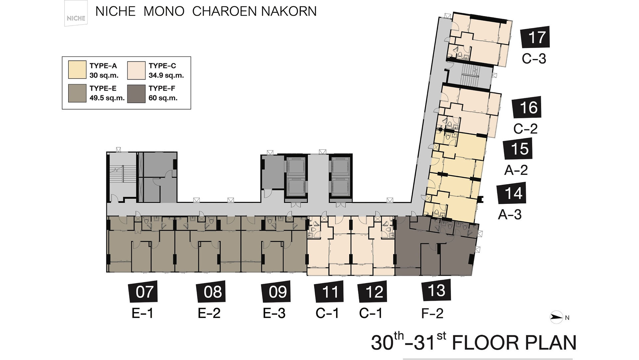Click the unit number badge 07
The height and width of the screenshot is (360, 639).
[x=143, y=291]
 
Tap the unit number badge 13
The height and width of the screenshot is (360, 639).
[x=436, y=290]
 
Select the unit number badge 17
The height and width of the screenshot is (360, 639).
[x=535, y=37]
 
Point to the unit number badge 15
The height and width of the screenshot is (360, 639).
[x=518, y=149]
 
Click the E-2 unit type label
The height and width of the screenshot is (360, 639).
[x=209, y=313]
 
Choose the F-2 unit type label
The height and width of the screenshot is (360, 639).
[x=432, y=313]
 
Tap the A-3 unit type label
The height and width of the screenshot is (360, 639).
[x=510, y=214]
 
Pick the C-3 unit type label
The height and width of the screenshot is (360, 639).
[x=534, y=59]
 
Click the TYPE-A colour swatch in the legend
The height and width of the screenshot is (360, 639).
[x=77, y=70]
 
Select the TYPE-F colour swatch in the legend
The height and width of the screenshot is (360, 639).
[x=136, y=94]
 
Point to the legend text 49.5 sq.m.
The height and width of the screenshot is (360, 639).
[x=107, y=98]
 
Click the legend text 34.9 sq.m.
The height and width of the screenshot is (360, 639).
[x=166, y=76]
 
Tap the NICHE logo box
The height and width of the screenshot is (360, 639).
[x=76, y=13]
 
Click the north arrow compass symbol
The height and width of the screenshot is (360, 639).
[x=556, y=317]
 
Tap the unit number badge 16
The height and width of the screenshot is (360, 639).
[x=527, y=107]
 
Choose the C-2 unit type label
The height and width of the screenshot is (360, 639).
[x=525, y=129]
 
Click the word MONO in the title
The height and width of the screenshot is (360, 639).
[x=164, y=11]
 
